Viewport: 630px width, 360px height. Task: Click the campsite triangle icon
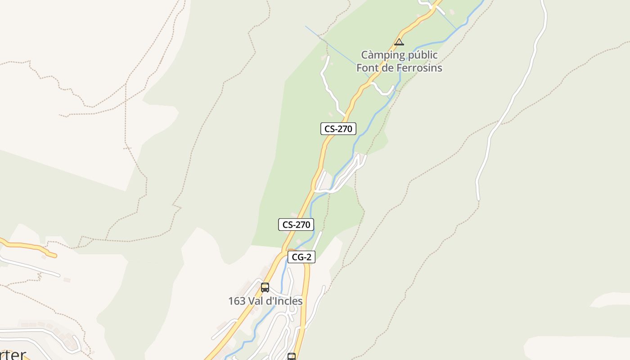(399, 42)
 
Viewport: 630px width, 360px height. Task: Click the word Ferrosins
(419, 68)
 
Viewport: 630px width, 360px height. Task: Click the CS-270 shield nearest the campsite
(338, 129)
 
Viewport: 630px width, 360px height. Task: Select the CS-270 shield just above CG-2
(296, 224)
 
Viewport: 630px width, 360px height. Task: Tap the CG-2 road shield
(301, 257)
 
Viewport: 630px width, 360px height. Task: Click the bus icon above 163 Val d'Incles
(265, 287)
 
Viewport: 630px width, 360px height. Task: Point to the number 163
(236, 301)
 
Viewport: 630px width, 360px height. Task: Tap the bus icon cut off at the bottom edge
(292, 357)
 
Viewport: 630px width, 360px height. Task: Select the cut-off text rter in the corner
(13, 355)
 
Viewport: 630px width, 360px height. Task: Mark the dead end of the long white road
(478, 198)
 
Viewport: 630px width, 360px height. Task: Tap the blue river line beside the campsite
(432, 44)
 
